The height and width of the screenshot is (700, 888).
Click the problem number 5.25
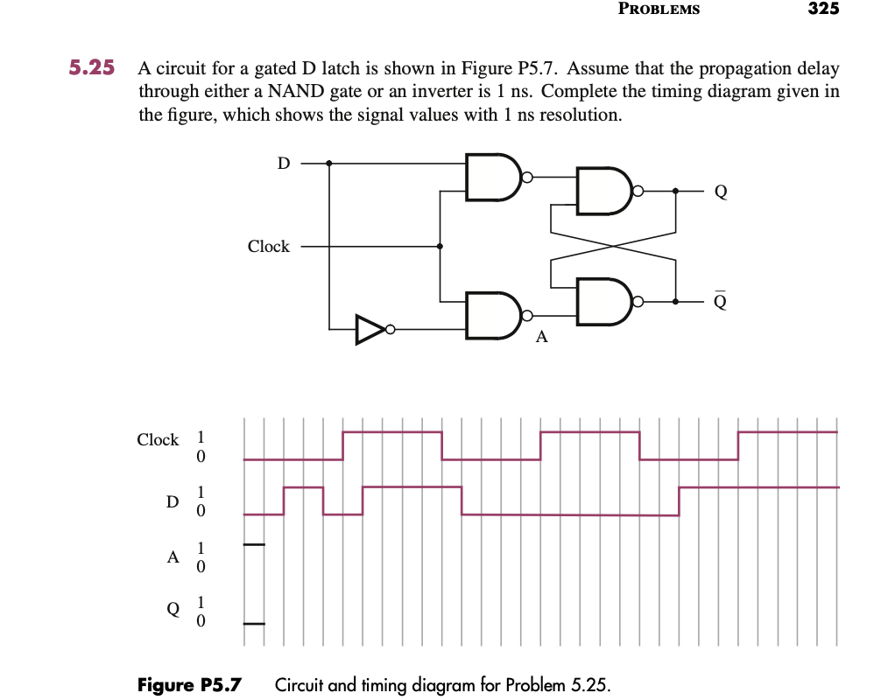click(x=92, y=68)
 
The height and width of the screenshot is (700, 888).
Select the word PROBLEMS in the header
click(x=659, y=9)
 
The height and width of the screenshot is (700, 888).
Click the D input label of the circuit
click(x=282, y=163)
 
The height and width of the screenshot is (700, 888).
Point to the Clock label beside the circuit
click(x=268, y=247)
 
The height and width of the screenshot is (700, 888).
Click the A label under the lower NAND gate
click(x=541, y=338)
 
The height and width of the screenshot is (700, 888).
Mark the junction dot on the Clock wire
click(x=439, y=247)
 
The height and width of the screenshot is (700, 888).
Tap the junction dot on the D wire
click(x=329, y=163)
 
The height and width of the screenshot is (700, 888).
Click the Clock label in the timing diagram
click(x=158, y=440)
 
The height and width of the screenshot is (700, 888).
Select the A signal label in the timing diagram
click(x=173, y=556)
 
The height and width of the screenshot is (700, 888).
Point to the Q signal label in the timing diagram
click(x=173, y=610)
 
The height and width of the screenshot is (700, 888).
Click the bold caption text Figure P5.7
click(x=190, y=684)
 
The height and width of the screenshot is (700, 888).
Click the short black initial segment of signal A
click(x=253, y=545)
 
